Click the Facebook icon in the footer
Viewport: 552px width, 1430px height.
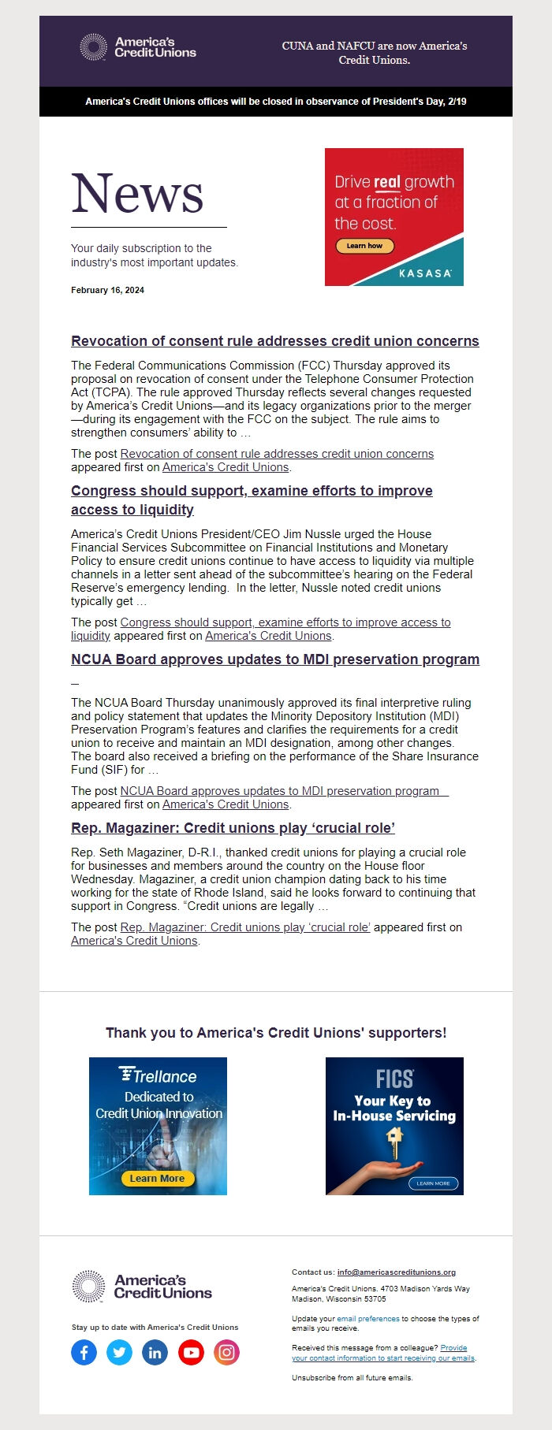[x=84, y=1353]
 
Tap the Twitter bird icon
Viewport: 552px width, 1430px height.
[x=120, y=1353]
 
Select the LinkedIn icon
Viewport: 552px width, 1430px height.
[x=155, y=1353]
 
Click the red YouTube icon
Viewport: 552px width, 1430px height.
[x=191, y=1353]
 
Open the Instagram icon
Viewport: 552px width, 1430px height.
[x=226, y=1353]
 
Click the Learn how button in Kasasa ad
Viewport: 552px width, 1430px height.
[x=364, y=246]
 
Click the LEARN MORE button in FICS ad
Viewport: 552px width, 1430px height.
[x=433, y=1183]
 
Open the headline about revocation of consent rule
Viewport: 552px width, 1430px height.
[x=275, y=341]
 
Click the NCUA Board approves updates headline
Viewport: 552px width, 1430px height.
[x=275, y=659]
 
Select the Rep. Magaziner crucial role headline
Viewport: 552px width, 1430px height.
[x=233, y=828]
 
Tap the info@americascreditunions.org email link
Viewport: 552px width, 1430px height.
[x=397, y=1272]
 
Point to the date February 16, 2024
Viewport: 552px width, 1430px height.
[x=107, y=290]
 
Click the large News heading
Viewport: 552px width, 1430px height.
[x=138, y=194]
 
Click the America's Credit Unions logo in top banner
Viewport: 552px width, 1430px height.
[x=139, y=47]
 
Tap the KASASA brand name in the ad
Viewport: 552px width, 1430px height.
[x=426, y=273]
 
